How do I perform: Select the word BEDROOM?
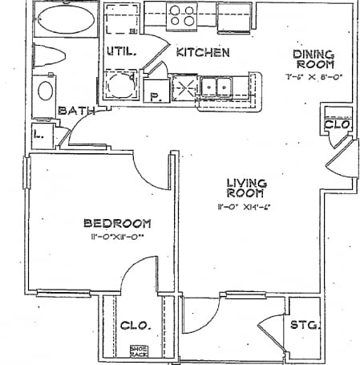point(119,223)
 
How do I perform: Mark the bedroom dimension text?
point(119,238)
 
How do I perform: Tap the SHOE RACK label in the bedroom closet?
point(139,351)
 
